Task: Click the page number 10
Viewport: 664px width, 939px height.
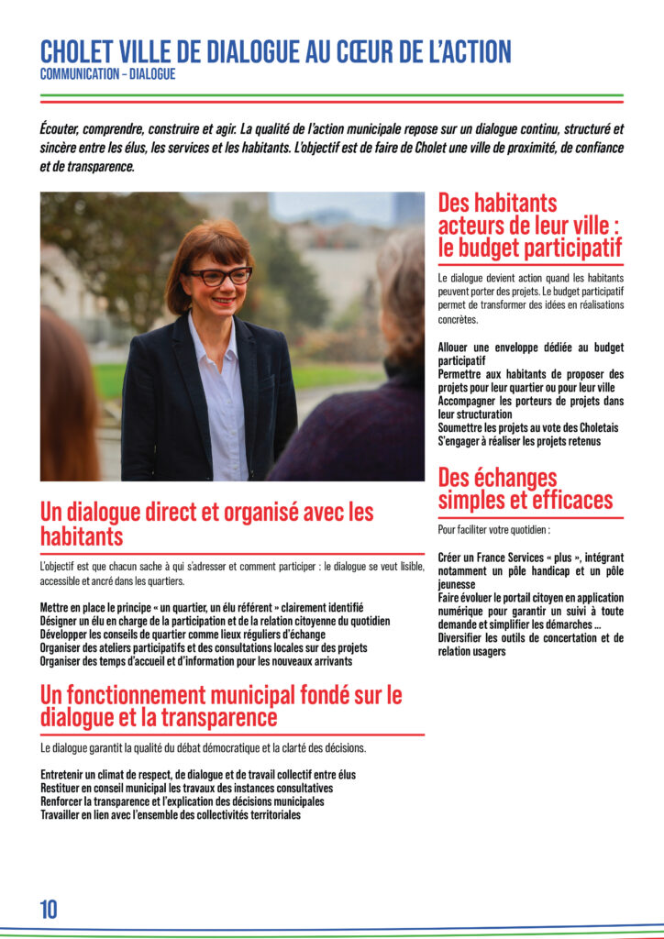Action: coord(49,909)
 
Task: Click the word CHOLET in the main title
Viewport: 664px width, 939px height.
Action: coord(77,52)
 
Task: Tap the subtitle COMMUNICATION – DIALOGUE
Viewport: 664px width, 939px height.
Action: coord(107,74)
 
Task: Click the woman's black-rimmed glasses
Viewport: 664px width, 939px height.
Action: coord(219,275)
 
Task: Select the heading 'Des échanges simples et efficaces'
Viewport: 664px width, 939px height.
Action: coord(526,489)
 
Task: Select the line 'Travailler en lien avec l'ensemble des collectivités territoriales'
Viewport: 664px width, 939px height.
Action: coord(171,814)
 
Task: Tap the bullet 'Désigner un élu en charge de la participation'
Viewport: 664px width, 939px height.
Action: coord(215,621)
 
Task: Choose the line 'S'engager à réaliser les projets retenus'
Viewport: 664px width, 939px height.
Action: coord(519,441)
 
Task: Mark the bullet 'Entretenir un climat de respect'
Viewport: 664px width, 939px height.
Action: coord(198,775)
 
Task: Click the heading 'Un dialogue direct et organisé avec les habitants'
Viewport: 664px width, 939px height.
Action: coord(206,524)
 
